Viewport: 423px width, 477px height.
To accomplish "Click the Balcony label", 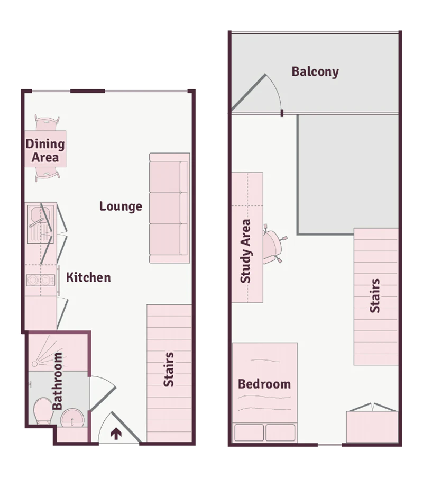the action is pyautogui.click(x=315, y=72).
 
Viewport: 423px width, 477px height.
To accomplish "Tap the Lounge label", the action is pyautogui.click(x=121, y=206).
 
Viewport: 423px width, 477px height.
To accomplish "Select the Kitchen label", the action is pyautogui.click(x=88, y=277).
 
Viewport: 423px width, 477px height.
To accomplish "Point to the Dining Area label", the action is pyautogui.click(x=45, y=150).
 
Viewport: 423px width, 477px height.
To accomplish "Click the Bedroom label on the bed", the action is pyautogui.click(x=264, y=384).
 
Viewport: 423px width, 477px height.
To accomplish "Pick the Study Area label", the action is pyautogui.click(x=245, y=251).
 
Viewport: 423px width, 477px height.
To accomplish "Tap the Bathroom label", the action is pyautogui.click(x=57, y=381).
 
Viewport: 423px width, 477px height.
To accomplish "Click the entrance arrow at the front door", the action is pyautogui.click(x=116, y=434).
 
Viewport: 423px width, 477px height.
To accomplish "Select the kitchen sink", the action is pyautogui.click(x=40, y=224).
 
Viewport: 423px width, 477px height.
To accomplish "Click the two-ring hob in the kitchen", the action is pyautogui.click(x=41, y=280).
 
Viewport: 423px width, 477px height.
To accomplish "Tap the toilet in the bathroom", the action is pyautogui.click(x=43, y=411).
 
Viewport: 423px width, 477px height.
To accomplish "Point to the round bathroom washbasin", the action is pyautogui.click(x=72, y=418).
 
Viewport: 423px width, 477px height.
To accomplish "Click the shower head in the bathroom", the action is pyautogui.click(x=35, y=364).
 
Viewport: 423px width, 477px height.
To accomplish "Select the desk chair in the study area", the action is pyautogui.click(x=274, y=247).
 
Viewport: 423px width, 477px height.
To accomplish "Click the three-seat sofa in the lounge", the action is pyautogui.click(x=170, y=208).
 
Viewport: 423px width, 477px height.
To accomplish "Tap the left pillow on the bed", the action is pyautogui.click(x=249, y=433).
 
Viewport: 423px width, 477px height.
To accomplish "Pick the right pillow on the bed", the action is pyautogui.click(x=280, y=433).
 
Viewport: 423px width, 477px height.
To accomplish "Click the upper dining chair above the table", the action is pyautogui.click(x=47, y=123).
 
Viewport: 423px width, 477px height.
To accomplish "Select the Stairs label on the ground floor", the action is pyautogui.click(x=169, y=370).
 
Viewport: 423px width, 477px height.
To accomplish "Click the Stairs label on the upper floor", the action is pyautogui.click(x=375, y=296).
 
